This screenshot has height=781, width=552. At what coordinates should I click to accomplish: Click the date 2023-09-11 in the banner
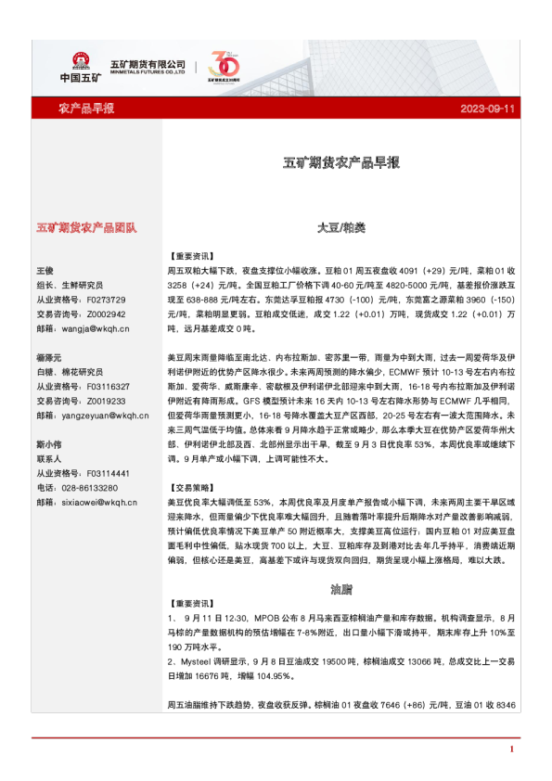pyautogui.click(x=488, y=109)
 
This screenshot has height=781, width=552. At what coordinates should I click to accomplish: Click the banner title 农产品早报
pyautogui.click(x=86, y=109)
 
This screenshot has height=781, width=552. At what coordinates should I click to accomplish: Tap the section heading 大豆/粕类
pyautogui.click(x=341, y=227)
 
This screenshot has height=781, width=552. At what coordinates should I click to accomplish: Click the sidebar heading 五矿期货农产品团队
pyautogui.click(x=86, y=227)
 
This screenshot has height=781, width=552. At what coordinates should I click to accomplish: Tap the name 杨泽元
pyautogui.click(x=50, y=358)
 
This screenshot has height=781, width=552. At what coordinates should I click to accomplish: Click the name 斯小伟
pyautogui.click(x=50, y=444)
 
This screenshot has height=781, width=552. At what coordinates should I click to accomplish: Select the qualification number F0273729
pyautogui.click(x=105, y=300)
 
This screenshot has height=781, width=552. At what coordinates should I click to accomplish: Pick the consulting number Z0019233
pyautogui.click(x=105, y=401)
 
